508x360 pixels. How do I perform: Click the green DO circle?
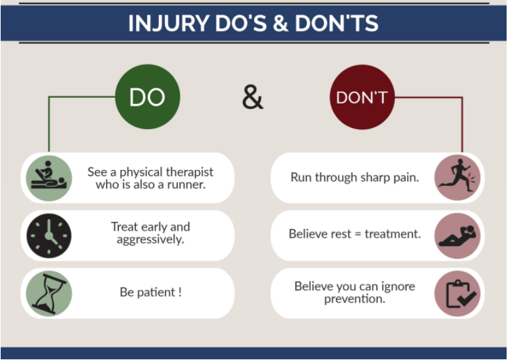coord(147,97)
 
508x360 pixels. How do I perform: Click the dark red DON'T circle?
coord(362,97)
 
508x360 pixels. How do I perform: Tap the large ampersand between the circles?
coord(253,97)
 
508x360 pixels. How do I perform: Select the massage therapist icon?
coord(49,178)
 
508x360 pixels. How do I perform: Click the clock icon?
coord(49,236)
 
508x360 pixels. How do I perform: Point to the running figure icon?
coord(457,178)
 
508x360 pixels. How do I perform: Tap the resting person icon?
coord(457,235)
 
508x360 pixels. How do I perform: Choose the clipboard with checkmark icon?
coord(457,293)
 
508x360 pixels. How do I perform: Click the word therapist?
coord(187,171)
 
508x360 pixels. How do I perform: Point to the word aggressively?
coord(151,239)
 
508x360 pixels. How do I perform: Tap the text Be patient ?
coord(151,292)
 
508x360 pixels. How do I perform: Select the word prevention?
coord(355,298)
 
